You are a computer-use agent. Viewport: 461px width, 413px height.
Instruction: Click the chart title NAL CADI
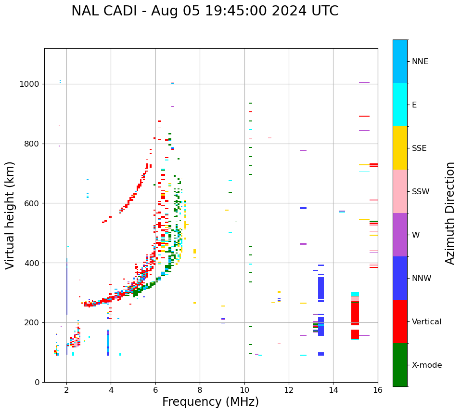[x=205, y=11]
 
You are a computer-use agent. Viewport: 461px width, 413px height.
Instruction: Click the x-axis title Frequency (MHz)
[x=210, y=402]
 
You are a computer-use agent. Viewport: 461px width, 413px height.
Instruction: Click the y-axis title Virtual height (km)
[x=10, y=215]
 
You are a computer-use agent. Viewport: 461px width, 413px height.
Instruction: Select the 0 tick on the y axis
[x=37, y=382]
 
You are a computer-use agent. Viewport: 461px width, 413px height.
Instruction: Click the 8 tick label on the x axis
[x=200, y=390]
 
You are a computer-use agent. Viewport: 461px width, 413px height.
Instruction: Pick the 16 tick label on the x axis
[x=378, y=390]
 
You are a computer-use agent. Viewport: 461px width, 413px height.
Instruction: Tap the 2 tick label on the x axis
[x=66, y=390]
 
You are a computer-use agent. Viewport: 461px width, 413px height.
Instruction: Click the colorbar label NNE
[x=420, y=62]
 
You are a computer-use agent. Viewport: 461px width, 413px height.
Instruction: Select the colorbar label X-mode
[x=426, y=365]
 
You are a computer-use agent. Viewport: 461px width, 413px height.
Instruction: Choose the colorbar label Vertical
[x=426, y=322]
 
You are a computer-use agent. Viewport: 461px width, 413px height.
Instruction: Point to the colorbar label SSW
[x=420, y=192]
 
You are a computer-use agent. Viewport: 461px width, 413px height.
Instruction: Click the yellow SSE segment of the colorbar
[x=400, y=148]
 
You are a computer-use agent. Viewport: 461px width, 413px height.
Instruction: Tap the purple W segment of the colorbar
[x=400, y=235]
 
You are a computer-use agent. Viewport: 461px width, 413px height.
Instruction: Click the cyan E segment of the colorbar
[x=400, y=105]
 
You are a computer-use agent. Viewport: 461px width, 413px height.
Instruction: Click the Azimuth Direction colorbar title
[x=450, y=213]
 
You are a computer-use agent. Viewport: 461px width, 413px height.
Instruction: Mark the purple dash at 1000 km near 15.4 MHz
[x=364, y=82]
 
